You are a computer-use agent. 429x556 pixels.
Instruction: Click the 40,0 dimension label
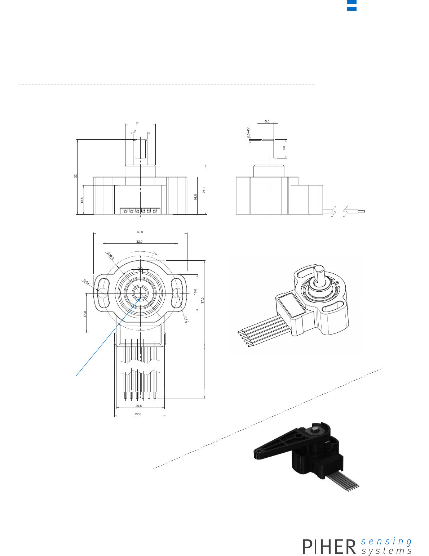pyautogui.click(x=140, y=232)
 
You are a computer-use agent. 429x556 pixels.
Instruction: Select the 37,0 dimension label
pyautogui.click(x=202, y=300)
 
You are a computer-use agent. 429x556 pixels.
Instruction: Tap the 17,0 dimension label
pyautogui.click(x=85, y=314)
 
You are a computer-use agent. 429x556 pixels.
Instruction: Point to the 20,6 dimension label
pyautogui.click(x=138, y=406)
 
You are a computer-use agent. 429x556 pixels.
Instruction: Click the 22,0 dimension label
pyautogui.click(x=138, y=414)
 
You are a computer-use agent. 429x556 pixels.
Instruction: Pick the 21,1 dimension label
pyautogui.click(x=204, y=190)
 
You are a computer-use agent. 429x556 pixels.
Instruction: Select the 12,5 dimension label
pyautogui.click(x=82, y=200)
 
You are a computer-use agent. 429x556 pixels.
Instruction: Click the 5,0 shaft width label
pyautogui.click(x=267, y=122)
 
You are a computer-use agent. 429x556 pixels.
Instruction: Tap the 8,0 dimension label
pyautogui.click(x=284, y=148)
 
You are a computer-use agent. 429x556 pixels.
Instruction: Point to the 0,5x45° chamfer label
pyautogui.click(x=248, y=132)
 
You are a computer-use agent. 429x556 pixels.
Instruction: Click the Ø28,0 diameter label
pyautogui.click(x=110, y=256)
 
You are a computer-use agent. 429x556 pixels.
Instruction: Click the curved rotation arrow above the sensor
pyautogui.click(x=143, y=252)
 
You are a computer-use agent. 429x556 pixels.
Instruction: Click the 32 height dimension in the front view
pyautogui.click(x=75, y=176)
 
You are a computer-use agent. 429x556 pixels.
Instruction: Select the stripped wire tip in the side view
pyautogui.click(x=361, y=211)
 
